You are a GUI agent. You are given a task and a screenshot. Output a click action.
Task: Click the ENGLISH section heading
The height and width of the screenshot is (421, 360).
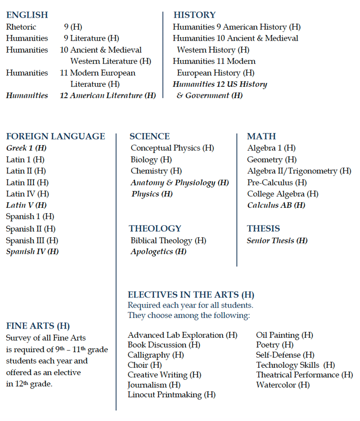tap(27, 15)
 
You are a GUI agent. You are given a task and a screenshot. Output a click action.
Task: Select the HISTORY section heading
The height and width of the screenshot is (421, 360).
tap(195, 15)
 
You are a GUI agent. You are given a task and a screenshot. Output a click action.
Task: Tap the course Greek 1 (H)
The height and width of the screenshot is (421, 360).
tap(26, 148)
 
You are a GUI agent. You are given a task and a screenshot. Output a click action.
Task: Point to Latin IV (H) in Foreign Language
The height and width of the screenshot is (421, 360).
tap(27, 194)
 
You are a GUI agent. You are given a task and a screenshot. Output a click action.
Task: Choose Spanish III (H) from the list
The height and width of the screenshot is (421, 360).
tap(32, 240)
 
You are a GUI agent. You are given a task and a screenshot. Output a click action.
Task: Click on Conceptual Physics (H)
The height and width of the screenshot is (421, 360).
tap(172, 148)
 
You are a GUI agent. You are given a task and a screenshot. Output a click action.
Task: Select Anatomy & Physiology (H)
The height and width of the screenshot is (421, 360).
tap(180, 182)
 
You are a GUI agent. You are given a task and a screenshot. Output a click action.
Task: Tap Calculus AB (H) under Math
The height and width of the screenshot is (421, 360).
tap(276, 205)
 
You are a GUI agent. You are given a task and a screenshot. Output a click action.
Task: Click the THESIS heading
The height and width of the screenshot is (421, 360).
tap(263, 228)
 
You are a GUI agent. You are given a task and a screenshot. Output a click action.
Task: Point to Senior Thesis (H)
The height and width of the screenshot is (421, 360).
tap(277, 240)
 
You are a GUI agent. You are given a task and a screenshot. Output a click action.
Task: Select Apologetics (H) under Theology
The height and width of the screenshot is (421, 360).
tap(158, 251)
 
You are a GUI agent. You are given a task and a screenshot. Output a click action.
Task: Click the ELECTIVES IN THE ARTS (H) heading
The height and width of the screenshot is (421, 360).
tap(191, 295)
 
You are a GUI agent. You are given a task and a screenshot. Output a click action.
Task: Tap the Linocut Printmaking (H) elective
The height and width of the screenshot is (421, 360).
tap(172, 395)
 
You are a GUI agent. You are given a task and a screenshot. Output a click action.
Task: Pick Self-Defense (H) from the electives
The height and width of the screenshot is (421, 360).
tap(285, 355)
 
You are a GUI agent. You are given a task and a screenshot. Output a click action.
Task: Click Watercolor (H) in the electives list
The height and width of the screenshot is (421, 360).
tap(283, 385)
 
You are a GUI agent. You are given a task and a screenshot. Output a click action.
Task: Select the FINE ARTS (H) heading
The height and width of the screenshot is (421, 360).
tap(38, 326)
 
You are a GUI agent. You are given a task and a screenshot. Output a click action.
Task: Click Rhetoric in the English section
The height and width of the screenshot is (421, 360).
tap(21, 27)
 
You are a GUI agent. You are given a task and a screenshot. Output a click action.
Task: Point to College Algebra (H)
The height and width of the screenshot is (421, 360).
tap(283, 194)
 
